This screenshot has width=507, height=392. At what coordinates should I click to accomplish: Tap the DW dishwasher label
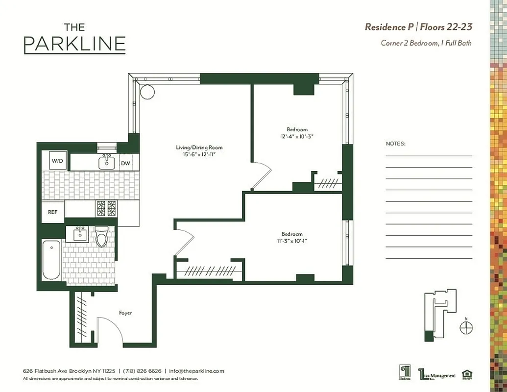125,163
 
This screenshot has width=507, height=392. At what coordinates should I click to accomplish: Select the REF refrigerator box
52,212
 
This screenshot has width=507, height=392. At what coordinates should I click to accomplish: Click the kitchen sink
106,162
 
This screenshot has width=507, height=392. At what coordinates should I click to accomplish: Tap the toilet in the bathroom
101,238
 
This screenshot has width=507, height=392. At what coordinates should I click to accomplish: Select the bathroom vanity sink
79,234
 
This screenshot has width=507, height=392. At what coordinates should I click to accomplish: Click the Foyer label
125,313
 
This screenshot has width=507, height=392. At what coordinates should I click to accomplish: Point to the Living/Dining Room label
199,147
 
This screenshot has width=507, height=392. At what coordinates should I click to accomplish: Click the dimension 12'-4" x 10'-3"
297,136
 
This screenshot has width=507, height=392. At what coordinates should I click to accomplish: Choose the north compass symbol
466,327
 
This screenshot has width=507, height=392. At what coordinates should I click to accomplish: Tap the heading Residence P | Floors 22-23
418,27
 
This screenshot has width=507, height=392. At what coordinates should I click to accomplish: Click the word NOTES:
396,144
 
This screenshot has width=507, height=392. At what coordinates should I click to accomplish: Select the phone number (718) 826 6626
141,371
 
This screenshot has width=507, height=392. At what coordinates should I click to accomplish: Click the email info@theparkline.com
196,371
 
